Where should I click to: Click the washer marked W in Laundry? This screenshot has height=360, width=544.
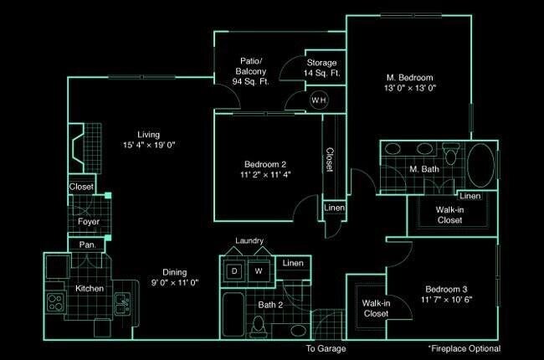pos(259,271)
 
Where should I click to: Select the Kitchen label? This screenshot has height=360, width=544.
pos(89,289)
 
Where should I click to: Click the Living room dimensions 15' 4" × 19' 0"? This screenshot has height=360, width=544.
pos(149,145)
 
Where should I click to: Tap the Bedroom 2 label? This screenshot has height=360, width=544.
pos(265,164)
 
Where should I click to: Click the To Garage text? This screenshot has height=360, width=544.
pos(326,348)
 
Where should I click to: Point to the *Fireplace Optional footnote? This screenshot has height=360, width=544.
pos(464,348)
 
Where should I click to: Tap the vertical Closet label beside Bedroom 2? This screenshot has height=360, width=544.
pos(330,159)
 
